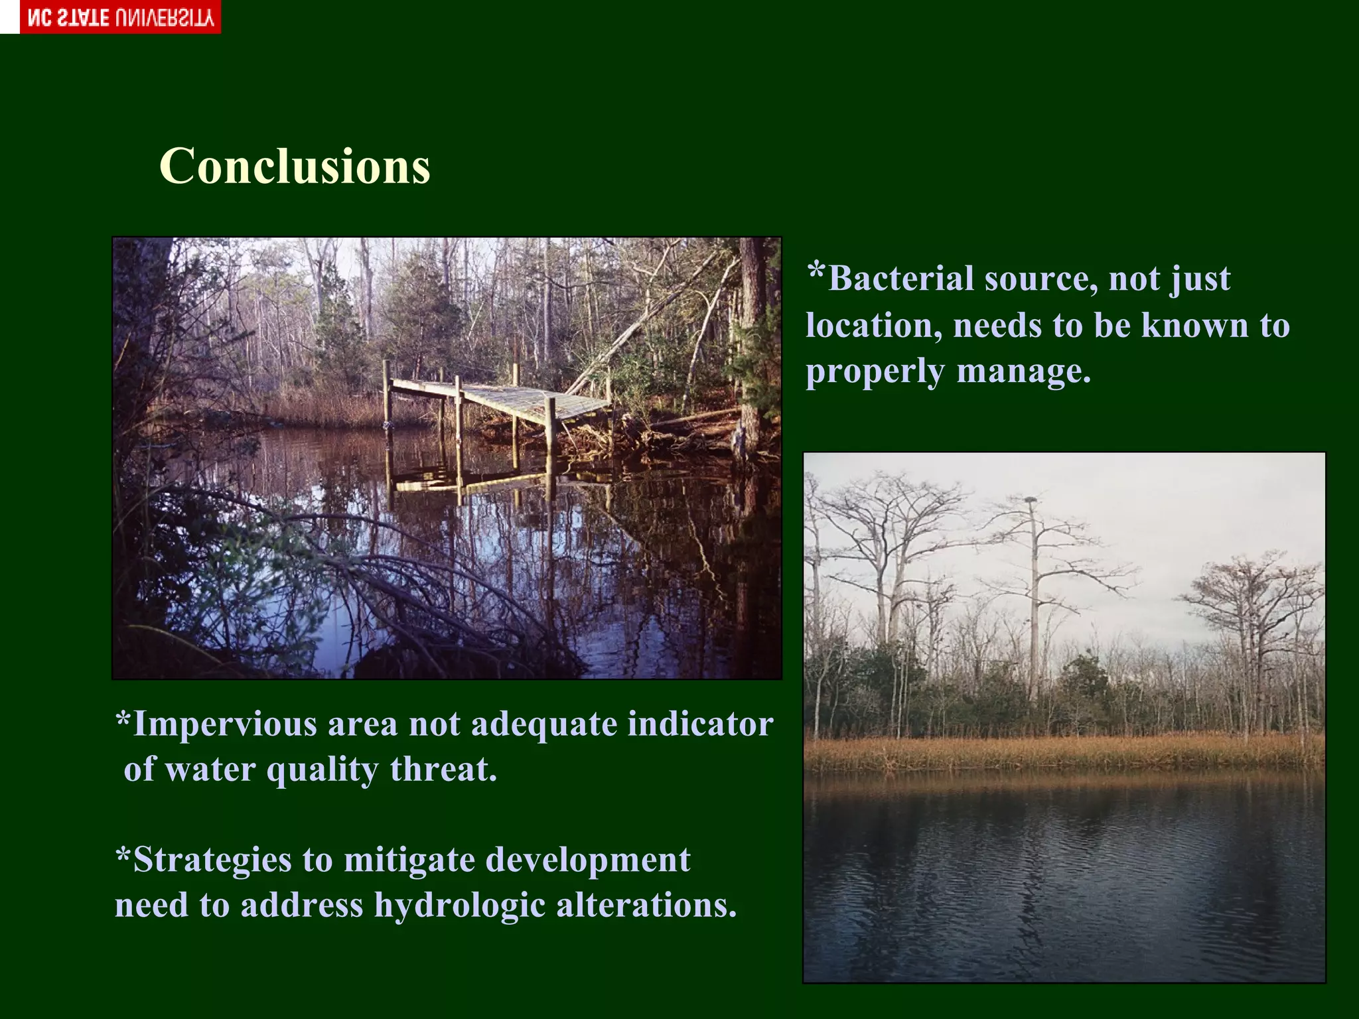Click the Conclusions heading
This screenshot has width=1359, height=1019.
tap(295, 166)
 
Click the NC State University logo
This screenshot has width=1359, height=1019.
tap(120, 17)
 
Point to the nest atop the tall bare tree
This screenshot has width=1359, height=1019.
tap(1031, 499)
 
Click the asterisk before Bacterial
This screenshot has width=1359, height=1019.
tap(817, 272)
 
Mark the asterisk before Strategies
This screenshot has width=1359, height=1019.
tap(123, 855)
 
